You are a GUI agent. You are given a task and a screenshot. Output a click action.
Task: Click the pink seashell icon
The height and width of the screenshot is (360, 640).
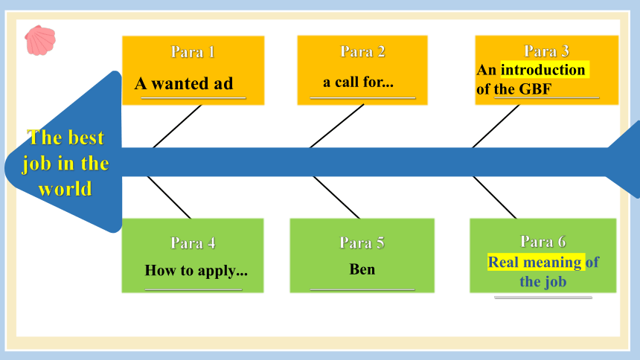[x=40, y=40]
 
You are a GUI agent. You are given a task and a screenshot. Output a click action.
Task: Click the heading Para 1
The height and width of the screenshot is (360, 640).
[x=193, y=52]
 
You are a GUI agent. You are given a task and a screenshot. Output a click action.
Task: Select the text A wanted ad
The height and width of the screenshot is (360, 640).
[x=184, y=83]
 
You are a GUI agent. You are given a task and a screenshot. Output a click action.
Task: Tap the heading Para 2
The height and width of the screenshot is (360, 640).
[x=363, y=52]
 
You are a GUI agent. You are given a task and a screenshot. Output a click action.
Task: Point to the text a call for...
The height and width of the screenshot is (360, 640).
[x=358, y=82]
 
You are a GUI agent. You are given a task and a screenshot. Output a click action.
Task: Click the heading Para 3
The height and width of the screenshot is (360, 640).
[x=546, y=51]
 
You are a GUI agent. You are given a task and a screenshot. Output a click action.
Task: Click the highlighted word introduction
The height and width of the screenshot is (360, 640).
[x=543, y=70]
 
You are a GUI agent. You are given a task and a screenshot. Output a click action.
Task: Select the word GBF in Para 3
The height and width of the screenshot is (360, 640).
[x=535, y=89]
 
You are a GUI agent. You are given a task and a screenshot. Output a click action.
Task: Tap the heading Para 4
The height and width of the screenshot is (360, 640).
[x=193, y=243]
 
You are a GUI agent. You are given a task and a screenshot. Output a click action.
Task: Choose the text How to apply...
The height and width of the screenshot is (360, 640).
[x=196, y=271]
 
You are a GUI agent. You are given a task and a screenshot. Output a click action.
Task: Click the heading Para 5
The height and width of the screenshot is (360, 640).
[x=362, y=243]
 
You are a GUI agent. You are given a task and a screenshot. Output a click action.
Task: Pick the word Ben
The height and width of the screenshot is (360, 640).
[x=362, y=269]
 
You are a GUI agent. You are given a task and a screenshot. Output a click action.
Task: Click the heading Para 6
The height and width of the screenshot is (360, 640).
[x=543, y=242]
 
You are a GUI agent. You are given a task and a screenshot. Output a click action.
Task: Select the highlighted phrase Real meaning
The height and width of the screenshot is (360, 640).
[x=534, y=263]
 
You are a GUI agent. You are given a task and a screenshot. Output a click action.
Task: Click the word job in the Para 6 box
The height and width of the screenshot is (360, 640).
[x=554, y=282]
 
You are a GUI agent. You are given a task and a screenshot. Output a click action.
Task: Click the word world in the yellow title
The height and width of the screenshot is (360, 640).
[x=65, y=189]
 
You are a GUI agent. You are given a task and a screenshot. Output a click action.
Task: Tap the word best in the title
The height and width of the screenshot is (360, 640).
[x=86, y=138]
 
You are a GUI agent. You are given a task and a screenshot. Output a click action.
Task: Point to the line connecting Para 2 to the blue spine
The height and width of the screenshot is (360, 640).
[x=336, y=126]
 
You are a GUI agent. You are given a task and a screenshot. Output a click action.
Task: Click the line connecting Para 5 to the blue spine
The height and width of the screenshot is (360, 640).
[x=336, y=198]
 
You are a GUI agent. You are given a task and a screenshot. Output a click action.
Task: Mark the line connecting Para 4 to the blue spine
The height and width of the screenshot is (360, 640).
[x=169, y=198]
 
